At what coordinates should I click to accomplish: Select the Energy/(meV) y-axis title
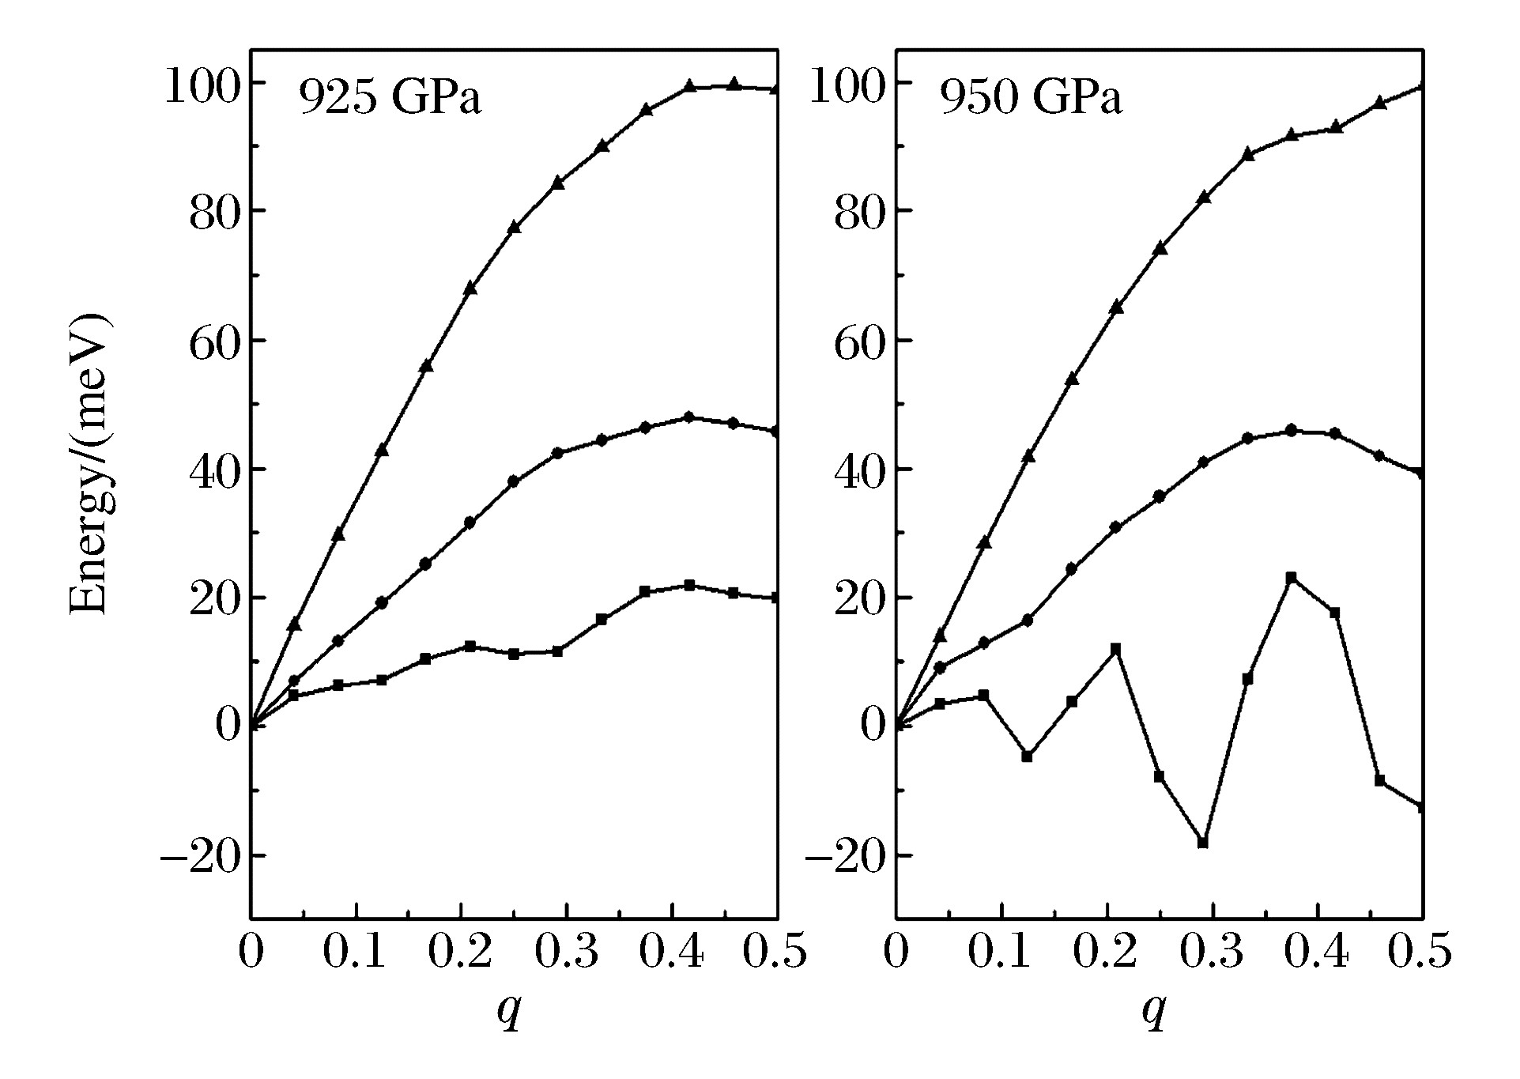click(89, 466)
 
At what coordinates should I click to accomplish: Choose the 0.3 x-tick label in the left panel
click(566, 953)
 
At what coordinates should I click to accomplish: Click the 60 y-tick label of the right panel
click(859, 344)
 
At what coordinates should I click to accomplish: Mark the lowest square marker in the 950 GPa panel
click(1203, 843)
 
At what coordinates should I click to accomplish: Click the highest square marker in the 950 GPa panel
click(1292, 578)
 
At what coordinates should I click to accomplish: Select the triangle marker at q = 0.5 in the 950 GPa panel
click(1420, 85)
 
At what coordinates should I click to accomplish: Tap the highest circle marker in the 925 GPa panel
click(688, 417)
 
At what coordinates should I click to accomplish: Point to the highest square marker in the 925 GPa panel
click(689, 586)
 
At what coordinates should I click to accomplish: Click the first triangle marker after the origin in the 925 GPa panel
click(294, 624)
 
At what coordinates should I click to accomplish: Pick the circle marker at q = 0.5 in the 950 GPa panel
click(1420, 473)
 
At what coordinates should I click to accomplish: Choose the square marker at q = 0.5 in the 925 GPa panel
click(776, 598)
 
